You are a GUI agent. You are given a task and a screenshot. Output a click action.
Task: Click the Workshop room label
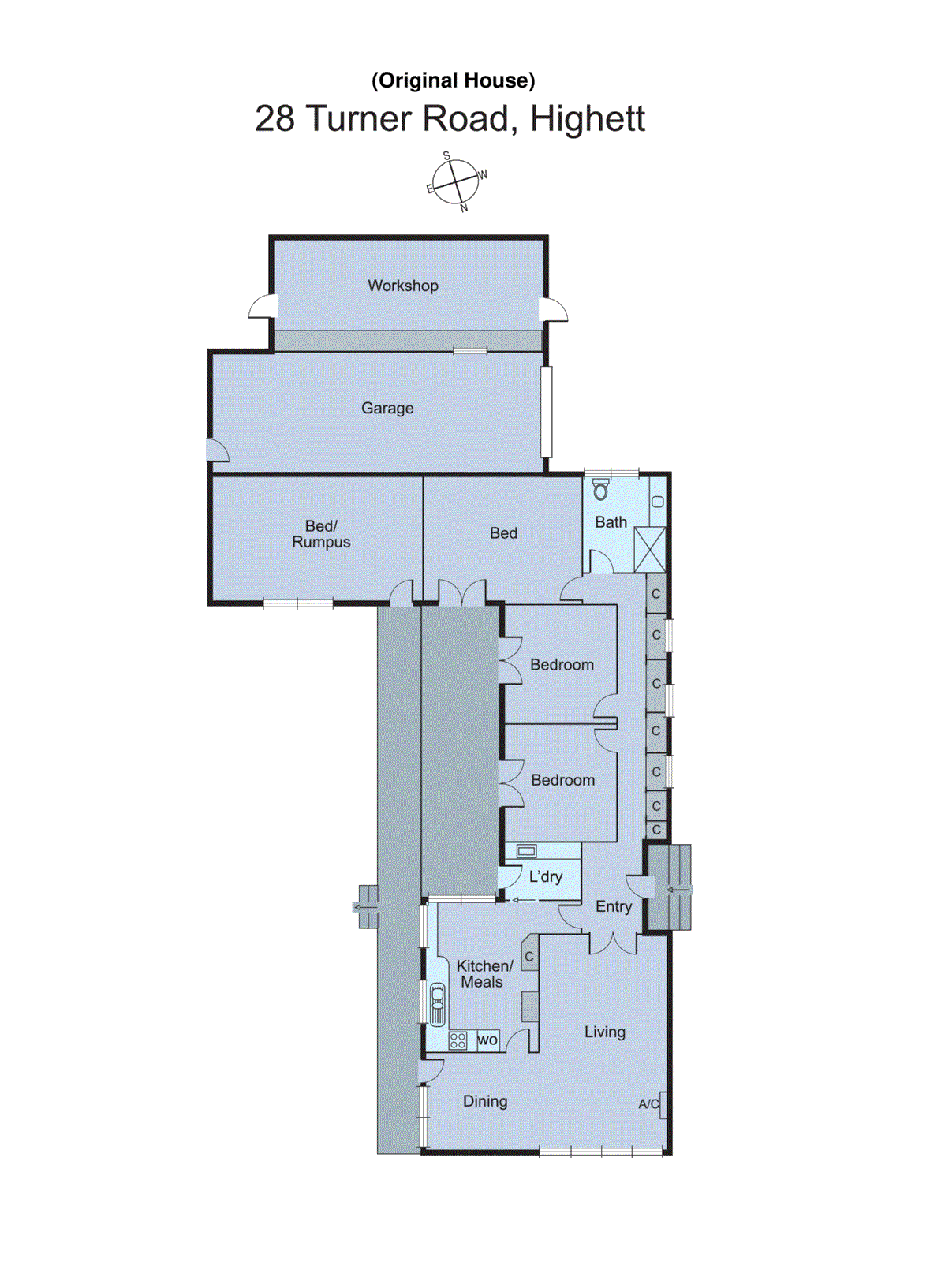(402, 286)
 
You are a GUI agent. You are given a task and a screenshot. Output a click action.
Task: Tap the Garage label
(387, 408)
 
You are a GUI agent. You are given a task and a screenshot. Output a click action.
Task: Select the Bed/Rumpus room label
(321, 534)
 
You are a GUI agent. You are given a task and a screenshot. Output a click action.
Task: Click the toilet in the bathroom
(601, 490)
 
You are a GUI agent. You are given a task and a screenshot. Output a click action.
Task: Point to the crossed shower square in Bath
(650, 549)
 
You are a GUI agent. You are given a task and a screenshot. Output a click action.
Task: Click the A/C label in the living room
(648, 1104)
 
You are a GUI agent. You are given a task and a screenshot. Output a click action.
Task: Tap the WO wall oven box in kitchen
(487, 1040)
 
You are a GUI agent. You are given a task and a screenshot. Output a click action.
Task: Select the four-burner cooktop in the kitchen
(458, 1040)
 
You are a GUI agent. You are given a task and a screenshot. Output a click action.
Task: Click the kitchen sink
(437, 1004)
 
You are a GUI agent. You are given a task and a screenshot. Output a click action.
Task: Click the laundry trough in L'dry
(526, 851)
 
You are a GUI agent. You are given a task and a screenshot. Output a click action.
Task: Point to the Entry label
(614, 906)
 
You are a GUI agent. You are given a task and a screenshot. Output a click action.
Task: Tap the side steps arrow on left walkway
(365, 907)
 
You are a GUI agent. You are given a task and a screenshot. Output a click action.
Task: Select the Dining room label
(485, 1101)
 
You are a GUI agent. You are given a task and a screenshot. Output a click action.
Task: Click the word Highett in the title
(588, 119)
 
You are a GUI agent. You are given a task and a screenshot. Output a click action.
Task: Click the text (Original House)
(453, 80)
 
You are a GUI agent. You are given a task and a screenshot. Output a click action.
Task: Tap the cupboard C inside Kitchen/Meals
(529, 957)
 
